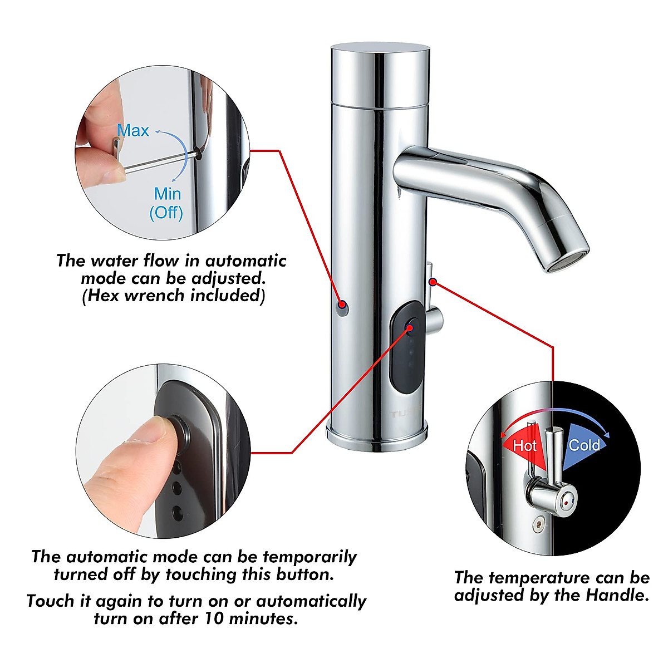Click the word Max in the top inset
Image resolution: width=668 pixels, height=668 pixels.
(x=133, y=131)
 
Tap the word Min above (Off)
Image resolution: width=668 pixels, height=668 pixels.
(x=168, y=194)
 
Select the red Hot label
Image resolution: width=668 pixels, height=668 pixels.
(x=524, y=445)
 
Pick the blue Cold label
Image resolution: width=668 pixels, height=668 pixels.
(x=584, y=445)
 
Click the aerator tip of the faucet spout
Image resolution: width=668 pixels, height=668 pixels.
(x=567, y=261)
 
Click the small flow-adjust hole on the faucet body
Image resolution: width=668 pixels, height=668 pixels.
(x=343, y=307)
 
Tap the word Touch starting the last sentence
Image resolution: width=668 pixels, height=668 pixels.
(x=50, y=601)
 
